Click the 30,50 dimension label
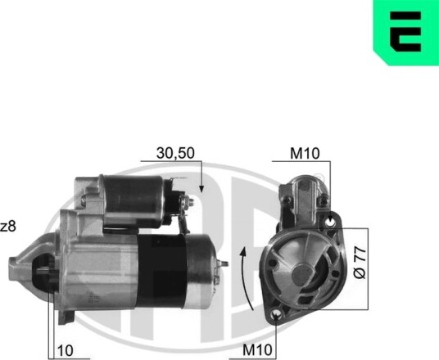[175, 153]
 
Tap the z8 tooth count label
[8, 227]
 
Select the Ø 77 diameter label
[360, 263]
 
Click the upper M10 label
[305, 153]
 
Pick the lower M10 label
[257, 349]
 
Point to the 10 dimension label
[66, 350]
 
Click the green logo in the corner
[406, 33]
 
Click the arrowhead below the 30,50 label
[201, 189]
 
